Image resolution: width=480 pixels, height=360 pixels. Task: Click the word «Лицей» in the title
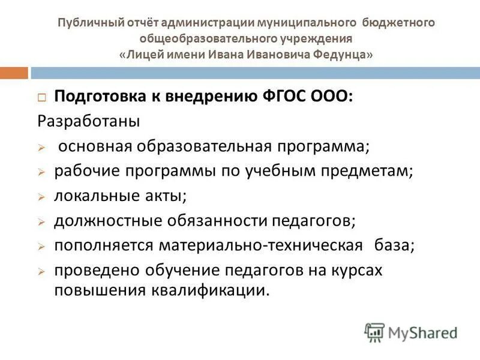click(x=143, y=55)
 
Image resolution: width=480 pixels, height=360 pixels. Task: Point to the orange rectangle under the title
click(x=14, y=73)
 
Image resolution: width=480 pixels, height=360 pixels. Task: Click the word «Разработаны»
click(x=89, y=121)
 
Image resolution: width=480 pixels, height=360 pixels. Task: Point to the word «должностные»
click(x=106, y=221)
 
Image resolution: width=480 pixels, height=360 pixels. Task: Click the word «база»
click(x=394, y=245)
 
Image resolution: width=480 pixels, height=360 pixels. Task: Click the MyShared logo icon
click(x=374, y=332)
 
